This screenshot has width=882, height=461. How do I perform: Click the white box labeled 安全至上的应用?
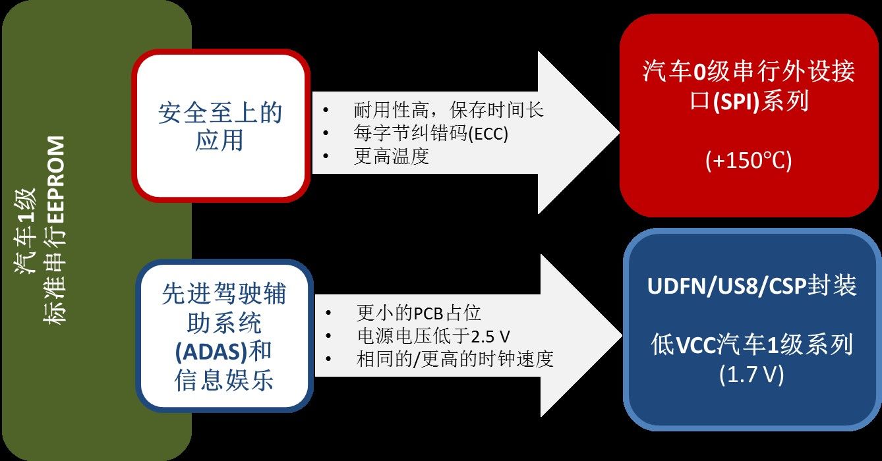coord(220,126)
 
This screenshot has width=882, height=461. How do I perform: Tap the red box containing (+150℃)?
coord(749,115)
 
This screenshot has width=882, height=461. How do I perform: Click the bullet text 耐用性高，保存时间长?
coord(448,110)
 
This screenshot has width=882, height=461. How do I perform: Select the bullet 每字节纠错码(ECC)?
coord(431,133)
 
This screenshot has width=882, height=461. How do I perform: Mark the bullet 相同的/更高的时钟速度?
coord(454,359)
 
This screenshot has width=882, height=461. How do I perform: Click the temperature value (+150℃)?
coord(748,161)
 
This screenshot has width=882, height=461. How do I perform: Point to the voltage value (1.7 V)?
coord(751,375)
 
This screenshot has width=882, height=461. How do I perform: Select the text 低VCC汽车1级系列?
coord(751,345)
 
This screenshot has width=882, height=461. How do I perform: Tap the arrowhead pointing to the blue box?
coord(583,336)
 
